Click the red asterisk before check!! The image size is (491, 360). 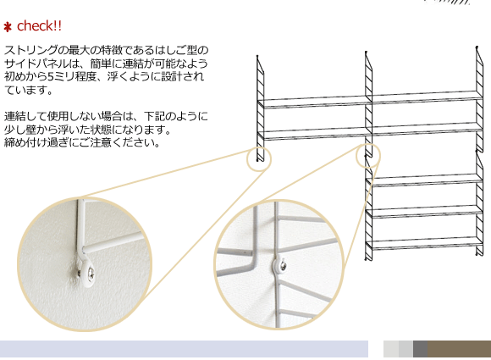pos(8,26)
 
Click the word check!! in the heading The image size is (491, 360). pos(39,25)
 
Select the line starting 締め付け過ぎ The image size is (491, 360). pos(82,142)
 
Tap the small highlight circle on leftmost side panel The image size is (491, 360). pos(259,157)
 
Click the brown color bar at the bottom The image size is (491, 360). pos(459,349)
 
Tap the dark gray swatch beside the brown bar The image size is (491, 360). pos(420,349)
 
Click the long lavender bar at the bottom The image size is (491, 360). pos(184,349)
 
